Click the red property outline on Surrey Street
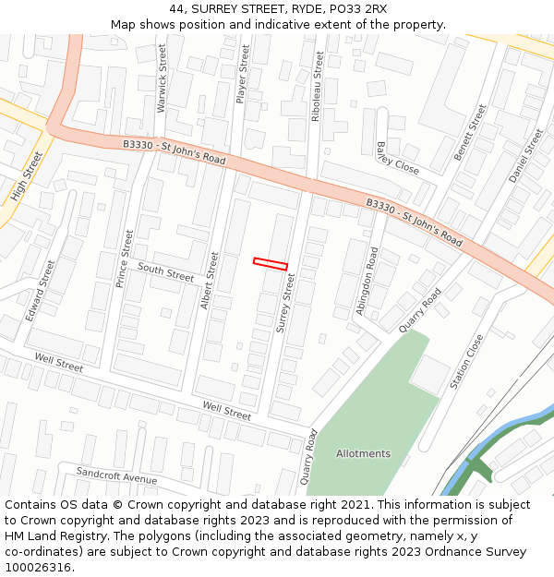tap(271, 264)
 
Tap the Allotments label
tap(363, 453)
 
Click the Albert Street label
tap(211, 280)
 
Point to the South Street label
tap(166, 271)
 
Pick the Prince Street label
tap(125, 258)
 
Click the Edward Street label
tap(41, 290)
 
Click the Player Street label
tap(244, 74)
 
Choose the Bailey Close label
tap(397, 158)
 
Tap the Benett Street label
tap(469, 132)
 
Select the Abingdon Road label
tap(367, 281)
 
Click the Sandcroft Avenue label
tap(116, 475)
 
